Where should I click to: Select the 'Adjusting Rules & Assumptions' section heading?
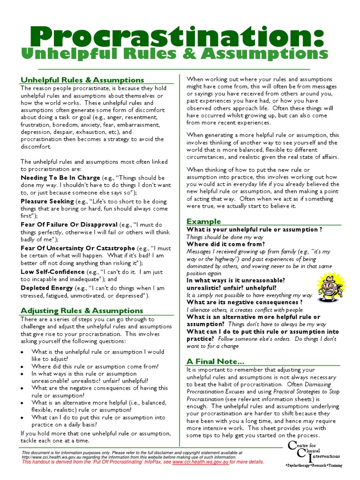[x=82, y=310]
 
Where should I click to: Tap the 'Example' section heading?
[x=203, y=221]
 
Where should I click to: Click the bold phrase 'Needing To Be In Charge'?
[x=60, y=178]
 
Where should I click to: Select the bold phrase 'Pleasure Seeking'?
[x=47, y=202]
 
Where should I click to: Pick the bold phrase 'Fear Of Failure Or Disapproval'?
[x=69, y=225]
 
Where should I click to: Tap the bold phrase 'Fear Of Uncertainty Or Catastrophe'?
[x=78, y=248]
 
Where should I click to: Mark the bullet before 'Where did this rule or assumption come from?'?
[x=23, y=367]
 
